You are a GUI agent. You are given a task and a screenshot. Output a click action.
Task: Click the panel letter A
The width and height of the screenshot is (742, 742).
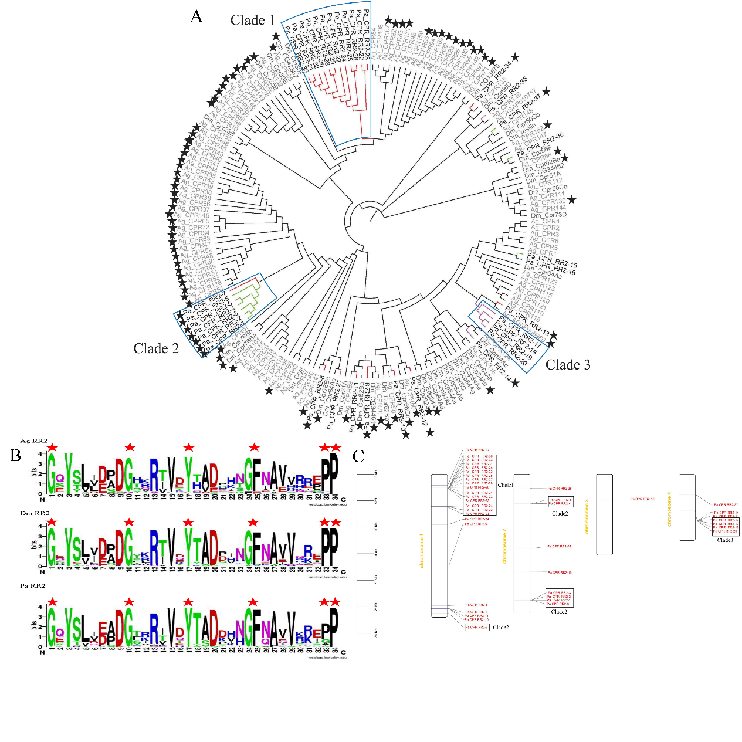[196, 16]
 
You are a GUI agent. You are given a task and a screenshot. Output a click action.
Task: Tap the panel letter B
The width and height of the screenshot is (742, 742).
[15, 455]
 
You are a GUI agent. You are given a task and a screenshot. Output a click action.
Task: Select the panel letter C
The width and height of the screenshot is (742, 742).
[358, 456]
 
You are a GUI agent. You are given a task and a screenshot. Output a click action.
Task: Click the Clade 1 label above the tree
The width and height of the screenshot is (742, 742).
[252, 21]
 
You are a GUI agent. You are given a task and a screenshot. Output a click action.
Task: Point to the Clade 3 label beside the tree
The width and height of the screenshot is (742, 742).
[568, 365]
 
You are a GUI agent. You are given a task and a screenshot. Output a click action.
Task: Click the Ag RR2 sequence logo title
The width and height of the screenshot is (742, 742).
[34, 441]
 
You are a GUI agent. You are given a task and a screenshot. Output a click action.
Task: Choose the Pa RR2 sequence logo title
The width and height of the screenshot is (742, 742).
[33, 586]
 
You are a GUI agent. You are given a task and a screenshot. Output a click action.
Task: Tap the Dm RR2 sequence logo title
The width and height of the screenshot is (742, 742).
[34, 513]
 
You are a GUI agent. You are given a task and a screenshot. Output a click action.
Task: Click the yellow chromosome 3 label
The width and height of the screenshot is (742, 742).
[587, 517]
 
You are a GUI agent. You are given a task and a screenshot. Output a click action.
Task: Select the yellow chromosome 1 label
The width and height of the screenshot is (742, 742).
[422, 551]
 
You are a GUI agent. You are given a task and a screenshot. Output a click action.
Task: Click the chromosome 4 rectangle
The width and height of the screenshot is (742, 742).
[687, 507]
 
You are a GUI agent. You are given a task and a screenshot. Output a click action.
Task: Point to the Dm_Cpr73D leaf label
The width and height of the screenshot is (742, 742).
[549, 215]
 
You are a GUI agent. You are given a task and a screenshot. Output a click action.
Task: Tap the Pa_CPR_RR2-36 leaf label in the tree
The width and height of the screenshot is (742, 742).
[545, 144]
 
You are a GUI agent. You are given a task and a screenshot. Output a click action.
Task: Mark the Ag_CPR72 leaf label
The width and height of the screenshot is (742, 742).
[195, 228]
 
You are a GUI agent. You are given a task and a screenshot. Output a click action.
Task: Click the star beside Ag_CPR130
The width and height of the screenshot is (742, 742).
[572, 201]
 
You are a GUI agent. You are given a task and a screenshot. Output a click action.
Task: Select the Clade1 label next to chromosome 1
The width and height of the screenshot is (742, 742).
[505, 485]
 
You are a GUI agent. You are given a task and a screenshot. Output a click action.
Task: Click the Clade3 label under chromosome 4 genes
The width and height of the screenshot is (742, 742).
[725, 540]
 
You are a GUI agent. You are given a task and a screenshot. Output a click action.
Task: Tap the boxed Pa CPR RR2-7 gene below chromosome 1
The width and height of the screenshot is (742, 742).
[477, 627]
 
